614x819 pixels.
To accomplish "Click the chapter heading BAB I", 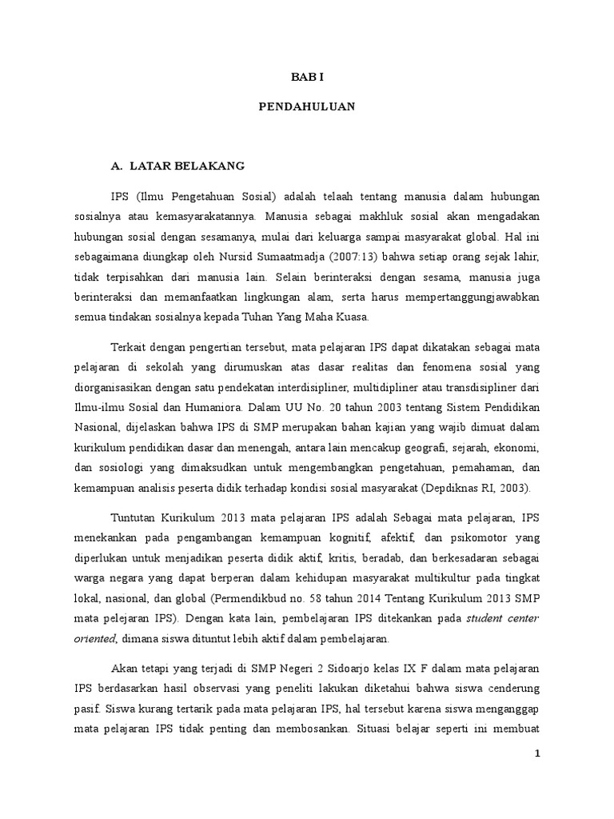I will [307, 77].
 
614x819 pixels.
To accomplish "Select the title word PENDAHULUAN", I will [307, 106].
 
